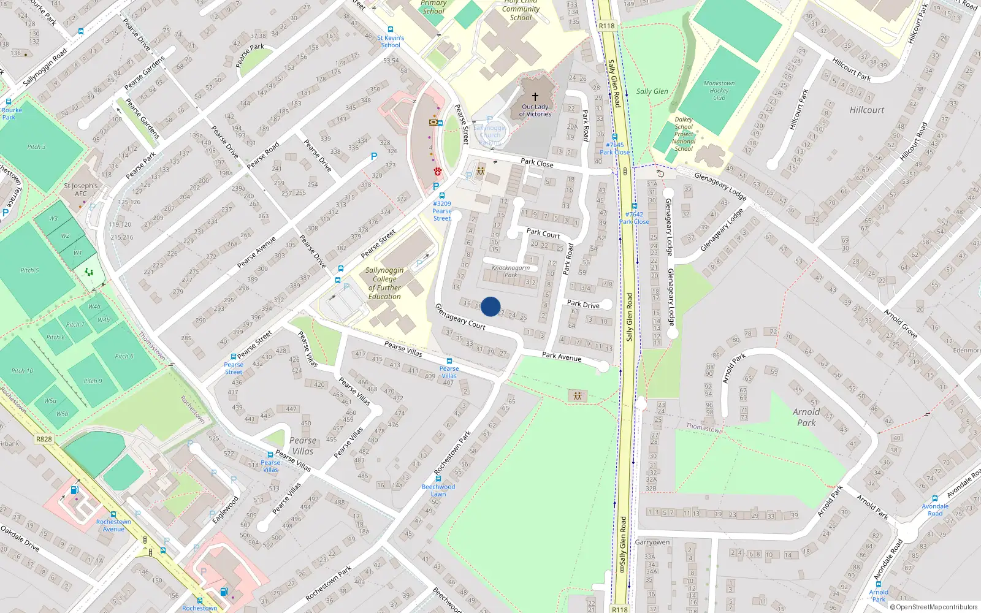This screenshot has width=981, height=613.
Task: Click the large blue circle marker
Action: pyautogui.click(x=490, y=306)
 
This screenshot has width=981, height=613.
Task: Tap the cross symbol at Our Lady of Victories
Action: pyautogui.click(x=535, y=97)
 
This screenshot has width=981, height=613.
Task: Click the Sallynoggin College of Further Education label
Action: pyautogui.click(x=384, y=283)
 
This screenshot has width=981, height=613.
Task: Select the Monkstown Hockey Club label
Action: pyautogui.click(x=719, y=90)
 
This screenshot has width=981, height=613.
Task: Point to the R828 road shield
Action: pyautogui.click(x=44, y=439)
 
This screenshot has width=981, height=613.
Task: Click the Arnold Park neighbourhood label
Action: pyautogui.click(x=806, y=417)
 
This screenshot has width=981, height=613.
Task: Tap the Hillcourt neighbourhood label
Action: pyautogui.click(x=867, y=110)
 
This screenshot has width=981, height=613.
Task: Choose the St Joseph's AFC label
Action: pyautogui.click(x=80, y=189)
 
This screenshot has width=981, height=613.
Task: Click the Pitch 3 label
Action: pyautogui.click(x=36, y=147)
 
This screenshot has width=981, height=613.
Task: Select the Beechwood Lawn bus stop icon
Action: pyautogui.click(x=438, y=479)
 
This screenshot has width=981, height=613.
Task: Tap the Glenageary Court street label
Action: pyautogui.click(x=460, y=316)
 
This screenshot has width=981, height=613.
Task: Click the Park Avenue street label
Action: pyautogui.click(x=561, y=356)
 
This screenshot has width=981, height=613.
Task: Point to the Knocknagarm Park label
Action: pyautogui.click(x=511, y=271)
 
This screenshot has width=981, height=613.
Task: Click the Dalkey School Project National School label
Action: pyautogui.click(x=684, y=134)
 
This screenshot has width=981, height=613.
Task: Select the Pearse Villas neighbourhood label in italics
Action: pyautogui.click(x=303, y=446)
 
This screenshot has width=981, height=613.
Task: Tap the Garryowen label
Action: pyautogui.click(x=652, y=542)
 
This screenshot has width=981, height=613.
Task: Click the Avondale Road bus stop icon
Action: pyautogui.click(x=934, y=499)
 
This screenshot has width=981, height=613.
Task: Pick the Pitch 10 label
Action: pyautogui.click(x=22, y=370)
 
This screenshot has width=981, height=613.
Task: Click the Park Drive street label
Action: pyautogui.click(x=583, y=304)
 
